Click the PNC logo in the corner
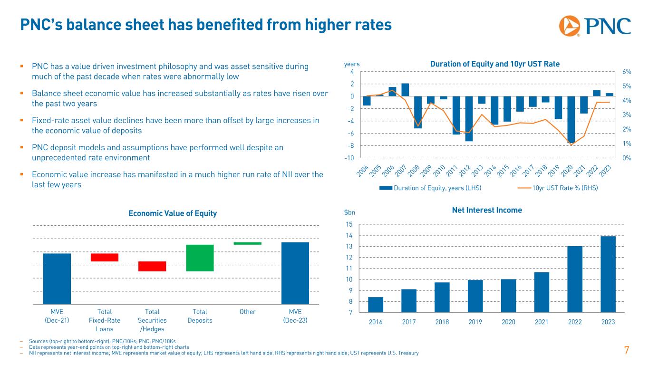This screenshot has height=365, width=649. tap(595, 26)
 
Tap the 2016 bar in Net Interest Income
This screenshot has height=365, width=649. tap(376, 305)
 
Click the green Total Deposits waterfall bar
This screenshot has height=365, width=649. tap(200, 258)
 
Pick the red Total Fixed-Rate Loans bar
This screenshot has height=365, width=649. tap(105, 257)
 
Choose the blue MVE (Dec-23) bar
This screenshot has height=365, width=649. tap(295, 273)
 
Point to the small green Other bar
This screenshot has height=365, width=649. tap(248, 243)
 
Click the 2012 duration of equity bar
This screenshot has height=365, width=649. tap(469, 118)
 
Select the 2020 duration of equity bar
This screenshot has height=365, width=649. tap(571, 119)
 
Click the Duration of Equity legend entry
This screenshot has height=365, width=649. tap(430, 188)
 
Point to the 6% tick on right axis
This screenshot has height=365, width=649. tap(626, 72)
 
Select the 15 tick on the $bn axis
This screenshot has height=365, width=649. tap(349, 224)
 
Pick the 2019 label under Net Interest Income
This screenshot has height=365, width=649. tap(475, 322)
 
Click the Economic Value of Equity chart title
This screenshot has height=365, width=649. tap(173, 214)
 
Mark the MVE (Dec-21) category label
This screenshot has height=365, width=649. tap(57, 316)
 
